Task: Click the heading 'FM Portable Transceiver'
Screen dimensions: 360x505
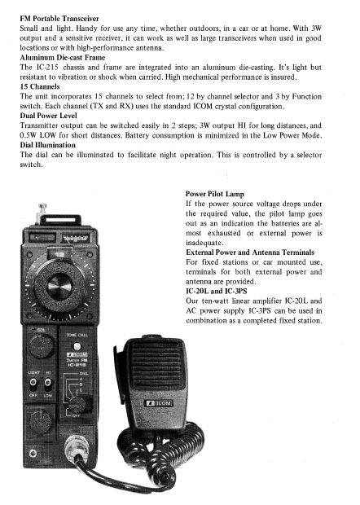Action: coord(59,19)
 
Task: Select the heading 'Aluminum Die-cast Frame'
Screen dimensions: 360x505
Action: coord(63,57)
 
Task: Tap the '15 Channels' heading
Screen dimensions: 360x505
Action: coord(40,86)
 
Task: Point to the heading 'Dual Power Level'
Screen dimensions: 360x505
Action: coord(48,116)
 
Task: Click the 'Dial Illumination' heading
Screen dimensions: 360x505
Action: coord(48,145)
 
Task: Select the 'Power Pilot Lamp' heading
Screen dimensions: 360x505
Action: coord(215,194)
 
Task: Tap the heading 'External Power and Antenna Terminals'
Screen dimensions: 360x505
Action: coord(250,253)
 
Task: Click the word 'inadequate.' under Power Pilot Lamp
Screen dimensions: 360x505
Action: coord(204,243)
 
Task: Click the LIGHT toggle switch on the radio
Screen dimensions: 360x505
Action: coord(33,383)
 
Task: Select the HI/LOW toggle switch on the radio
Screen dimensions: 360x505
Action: coord(47,383)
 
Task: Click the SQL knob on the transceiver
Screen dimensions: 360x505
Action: coord(42,346)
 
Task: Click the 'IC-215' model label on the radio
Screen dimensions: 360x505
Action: coord(77,365)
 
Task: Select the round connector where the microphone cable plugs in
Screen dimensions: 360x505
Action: coord(76,449)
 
